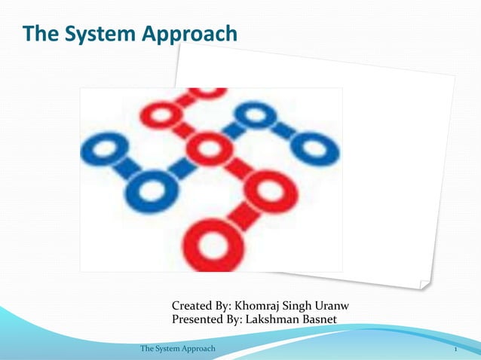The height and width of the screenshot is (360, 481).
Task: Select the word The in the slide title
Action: click(x=38, y=34)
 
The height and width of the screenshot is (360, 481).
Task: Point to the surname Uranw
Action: click(x=329, y=307)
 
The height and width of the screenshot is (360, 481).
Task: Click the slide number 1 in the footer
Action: click(x=456, y=349)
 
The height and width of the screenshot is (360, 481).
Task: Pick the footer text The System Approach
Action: click(x=178, y=349)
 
